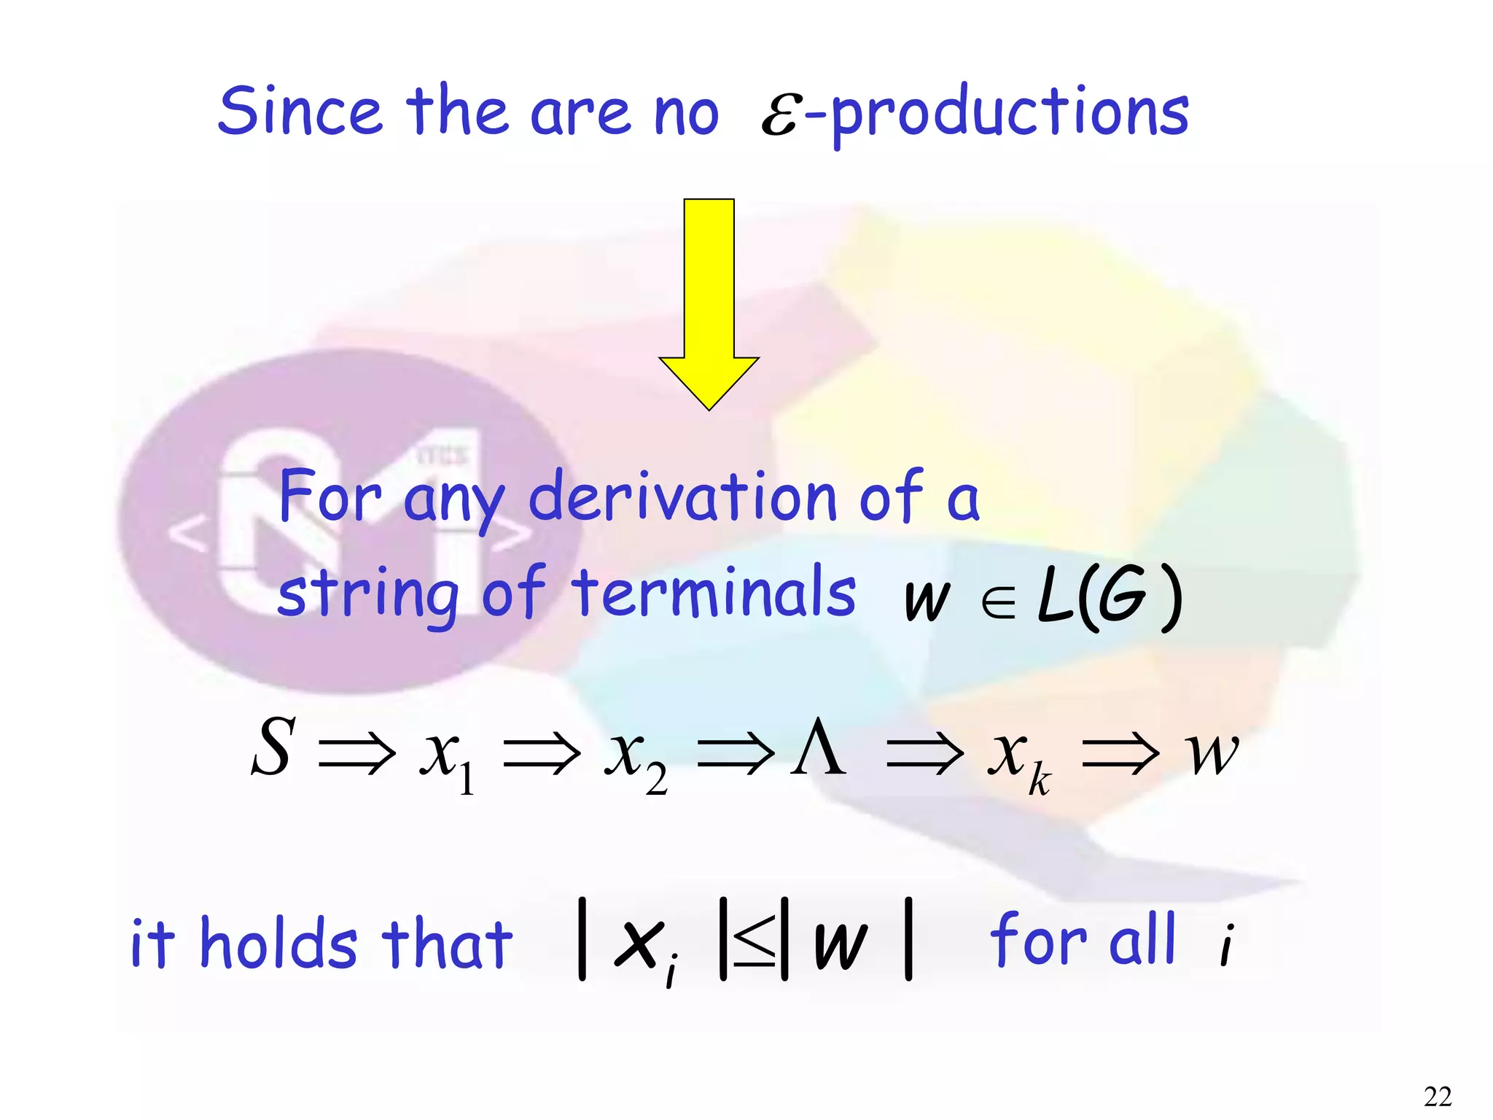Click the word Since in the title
(x=300, y=111)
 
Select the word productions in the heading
(x=1010, y=115)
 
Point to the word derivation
(x=682, y=497)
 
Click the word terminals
(x=713, y=592)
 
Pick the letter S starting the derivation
(x=273, y=747)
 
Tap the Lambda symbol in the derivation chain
(x=820, y=747)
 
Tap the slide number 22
(x=1438, y=1096)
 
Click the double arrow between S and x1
(x=356, y=752)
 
